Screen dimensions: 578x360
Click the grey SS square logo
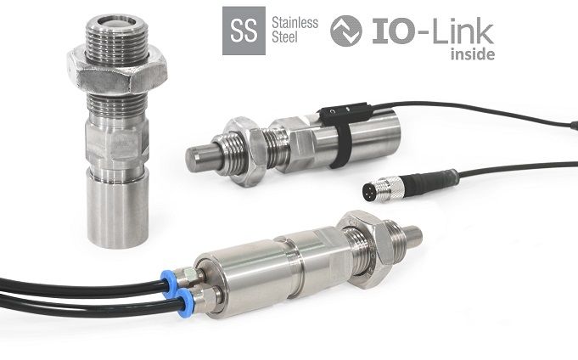244,31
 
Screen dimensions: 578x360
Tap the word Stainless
295,23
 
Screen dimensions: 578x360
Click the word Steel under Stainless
284,37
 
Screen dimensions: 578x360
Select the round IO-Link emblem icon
345,31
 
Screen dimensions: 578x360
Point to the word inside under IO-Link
473,54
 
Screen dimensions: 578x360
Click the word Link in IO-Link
463,32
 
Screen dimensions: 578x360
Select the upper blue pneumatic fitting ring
168,284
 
